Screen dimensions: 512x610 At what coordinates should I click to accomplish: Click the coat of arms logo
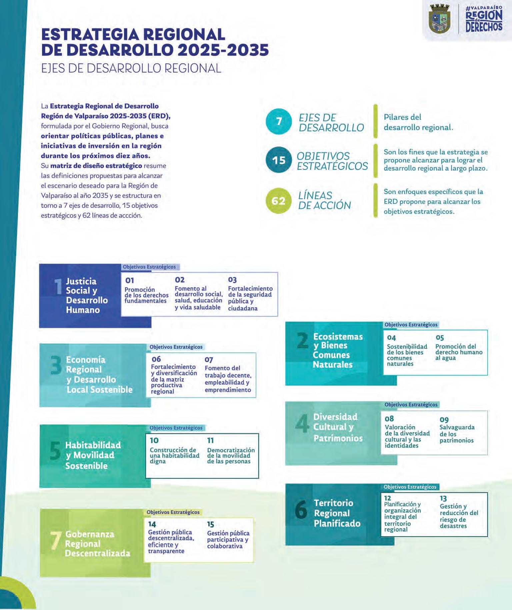coord(439,19)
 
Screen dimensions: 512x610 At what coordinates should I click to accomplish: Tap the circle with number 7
coord(279,121)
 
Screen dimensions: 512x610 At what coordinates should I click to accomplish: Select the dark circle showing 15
coord(279,160)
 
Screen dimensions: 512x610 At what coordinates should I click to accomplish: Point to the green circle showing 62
coord(278,201)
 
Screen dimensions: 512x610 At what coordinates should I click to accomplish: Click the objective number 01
coord(129,281)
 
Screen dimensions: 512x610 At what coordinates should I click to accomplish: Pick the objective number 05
coord(440,337)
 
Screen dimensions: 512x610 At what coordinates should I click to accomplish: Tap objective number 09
coord(444,419)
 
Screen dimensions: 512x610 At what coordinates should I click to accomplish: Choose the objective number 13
coord(443,498)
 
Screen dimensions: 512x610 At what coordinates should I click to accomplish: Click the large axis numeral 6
coord(301,509)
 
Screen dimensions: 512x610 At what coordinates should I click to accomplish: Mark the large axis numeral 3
coord(56,365)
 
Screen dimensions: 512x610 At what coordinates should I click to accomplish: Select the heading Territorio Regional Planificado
coord(337,513)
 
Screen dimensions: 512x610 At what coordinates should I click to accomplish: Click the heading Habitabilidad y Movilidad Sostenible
coord(93,455)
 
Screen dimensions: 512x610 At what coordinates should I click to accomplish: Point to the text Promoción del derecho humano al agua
coord(459,352)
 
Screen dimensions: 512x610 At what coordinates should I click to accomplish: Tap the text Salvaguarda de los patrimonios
coord(457,434)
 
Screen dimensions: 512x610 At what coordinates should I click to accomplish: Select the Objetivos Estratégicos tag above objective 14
coord(173,512)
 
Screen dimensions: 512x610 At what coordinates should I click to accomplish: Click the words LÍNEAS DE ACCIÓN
coord(324,200)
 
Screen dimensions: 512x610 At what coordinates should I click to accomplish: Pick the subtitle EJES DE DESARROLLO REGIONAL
coord(131,68)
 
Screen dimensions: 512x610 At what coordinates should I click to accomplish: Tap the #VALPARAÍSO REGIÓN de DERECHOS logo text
coord(484,19)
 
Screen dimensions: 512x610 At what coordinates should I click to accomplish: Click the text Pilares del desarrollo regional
coord(418,122)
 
